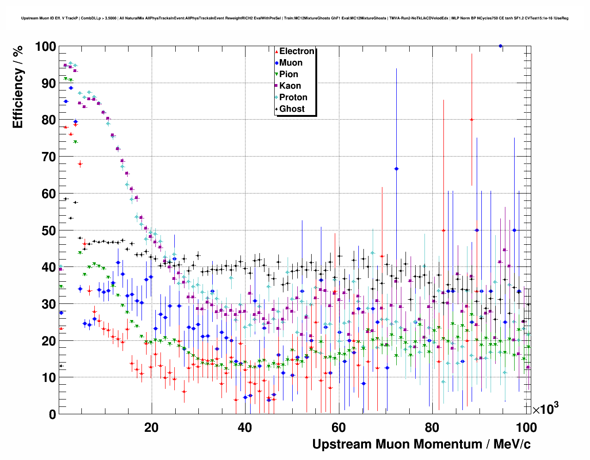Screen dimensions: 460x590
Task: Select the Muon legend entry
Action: (290, 63)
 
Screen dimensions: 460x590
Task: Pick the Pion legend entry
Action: (289, 74)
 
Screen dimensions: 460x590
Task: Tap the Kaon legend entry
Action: (290, 86)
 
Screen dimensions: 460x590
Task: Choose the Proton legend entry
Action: (293, 97)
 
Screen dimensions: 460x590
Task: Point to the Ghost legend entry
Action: (292, 109)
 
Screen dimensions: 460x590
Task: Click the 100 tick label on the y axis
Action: (45, 47)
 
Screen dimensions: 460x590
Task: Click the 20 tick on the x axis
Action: (151, 428)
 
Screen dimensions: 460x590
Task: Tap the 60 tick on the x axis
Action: (338, 428)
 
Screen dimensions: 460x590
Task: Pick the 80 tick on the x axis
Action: (432, 428)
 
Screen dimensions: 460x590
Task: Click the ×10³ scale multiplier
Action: (545, 409)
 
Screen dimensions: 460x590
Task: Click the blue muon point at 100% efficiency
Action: (500, 46)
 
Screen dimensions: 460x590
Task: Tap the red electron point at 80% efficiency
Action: (472, 120)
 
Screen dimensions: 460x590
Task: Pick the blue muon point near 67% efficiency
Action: (396, 169)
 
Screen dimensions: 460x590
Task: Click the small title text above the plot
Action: (295, 18)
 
